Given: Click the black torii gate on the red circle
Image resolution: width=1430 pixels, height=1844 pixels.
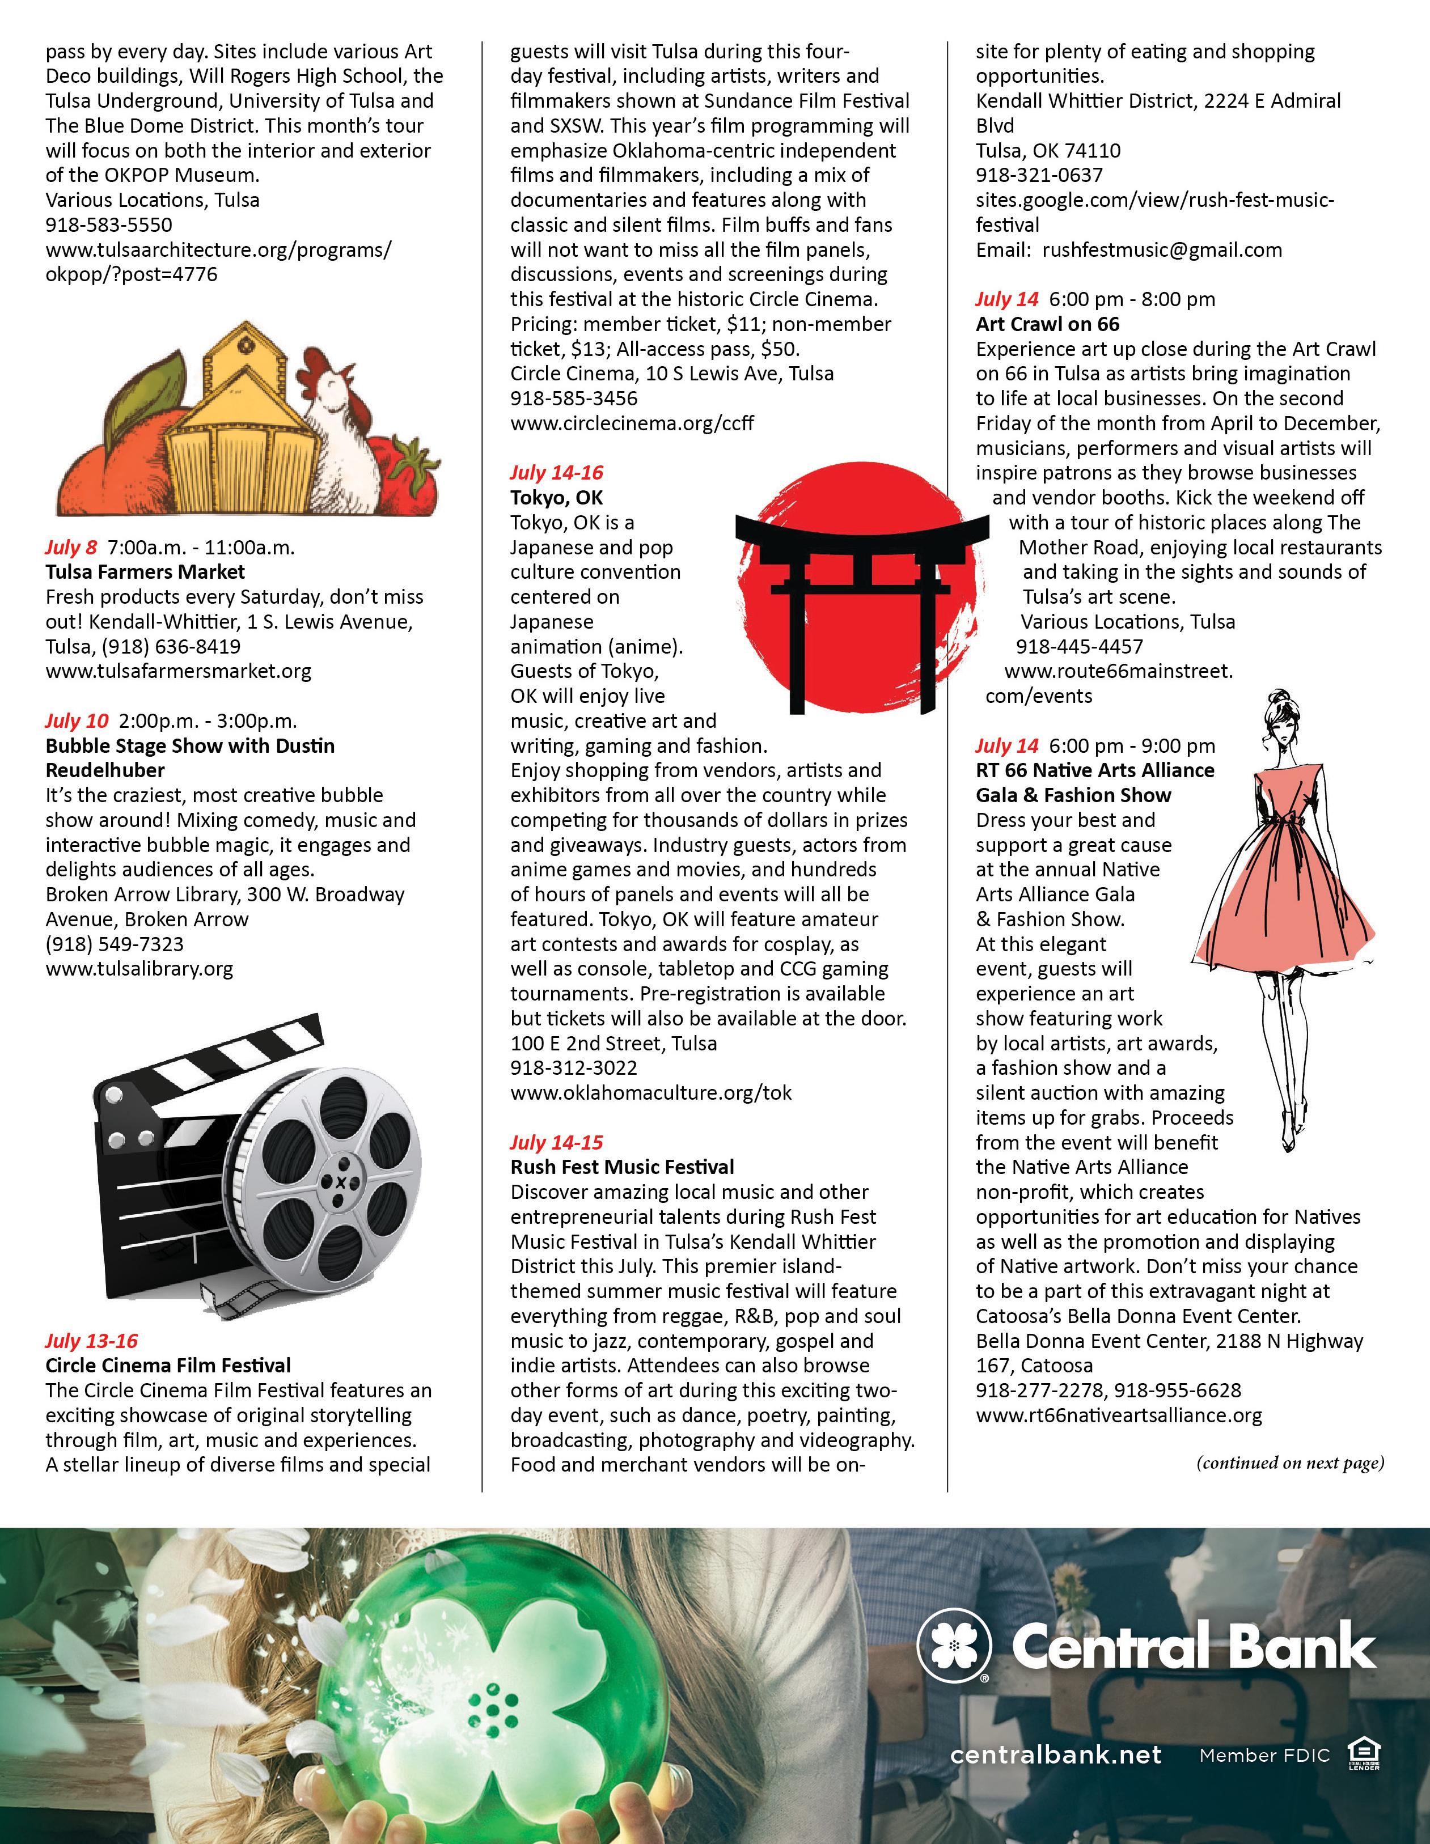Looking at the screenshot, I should point(861,591).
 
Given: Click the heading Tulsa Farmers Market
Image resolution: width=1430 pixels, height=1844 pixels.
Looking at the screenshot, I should point(145,571).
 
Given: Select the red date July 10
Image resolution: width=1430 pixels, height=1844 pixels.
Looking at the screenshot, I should point(77,720).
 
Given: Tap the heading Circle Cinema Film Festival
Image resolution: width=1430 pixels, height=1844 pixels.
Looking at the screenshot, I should point(168,1365).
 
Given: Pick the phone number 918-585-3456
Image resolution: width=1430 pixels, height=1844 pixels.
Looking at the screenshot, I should point(573,398).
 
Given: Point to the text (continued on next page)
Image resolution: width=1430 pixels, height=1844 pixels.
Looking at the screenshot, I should point(1290,1463).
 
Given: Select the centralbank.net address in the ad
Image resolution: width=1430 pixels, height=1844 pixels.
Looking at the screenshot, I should point(1056,1754).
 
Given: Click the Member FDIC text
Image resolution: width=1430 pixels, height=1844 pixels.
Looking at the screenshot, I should point(1264,1756).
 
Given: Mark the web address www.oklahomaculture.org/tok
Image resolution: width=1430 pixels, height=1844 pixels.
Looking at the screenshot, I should point(650,1092).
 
